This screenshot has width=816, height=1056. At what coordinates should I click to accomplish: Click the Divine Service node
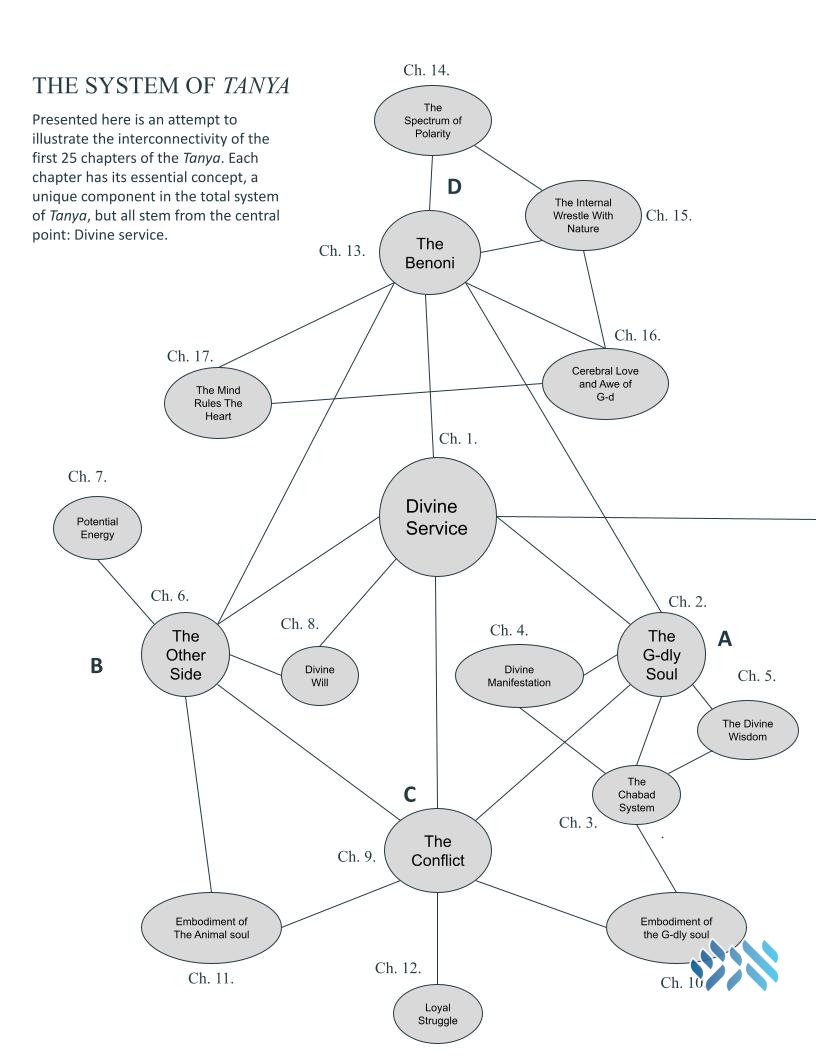click(438, 517)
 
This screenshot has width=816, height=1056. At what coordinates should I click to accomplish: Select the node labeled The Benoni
click(430, 253)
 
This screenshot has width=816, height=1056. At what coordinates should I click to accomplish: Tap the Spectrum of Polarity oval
click(433, 121)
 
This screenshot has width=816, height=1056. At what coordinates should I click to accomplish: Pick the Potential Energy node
click(98, 528)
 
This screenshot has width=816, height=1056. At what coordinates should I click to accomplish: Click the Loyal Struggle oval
click(438, 1014)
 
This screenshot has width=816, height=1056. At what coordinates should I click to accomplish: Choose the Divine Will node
click(320, 675)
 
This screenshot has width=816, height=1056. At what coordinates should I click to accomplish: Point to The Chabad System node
click(636, 795)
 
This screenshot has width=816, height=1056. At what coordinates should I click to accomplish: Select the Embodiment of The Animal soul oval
click(211, 928)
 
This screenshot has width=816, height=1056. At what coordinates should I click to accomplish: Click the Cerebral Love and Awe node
click(605, 383)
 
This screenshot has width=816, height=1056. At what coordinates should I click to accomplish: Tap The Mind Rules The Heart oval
click(218, 403)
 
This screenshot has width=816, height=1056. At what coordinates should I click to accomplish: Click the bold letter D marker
click(454, 187)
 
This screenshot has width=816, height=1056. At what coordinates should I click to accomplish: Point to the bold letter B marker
click(96, 665)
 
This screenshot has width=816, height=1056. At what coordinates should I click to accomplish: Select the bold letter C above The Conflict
click(409, 795)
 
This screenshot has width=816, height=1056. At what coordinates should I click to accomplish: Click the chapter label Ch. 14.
click(426, 70)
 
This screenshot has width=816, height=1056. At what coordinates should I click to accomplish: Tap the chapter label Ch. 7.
click(87, 477)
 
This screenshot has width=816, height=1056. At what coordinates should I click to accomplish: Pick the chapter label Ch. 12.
click(398, 968)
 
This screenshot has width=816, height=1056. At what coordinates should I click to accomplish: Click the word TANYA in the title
click(257, 86)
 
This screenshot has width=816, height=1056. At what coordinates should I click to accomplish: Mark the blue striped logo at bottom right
click(735, 965)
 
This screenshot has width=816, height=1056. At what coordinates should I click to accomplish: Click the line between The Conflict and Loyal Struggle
click(437, 939)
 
